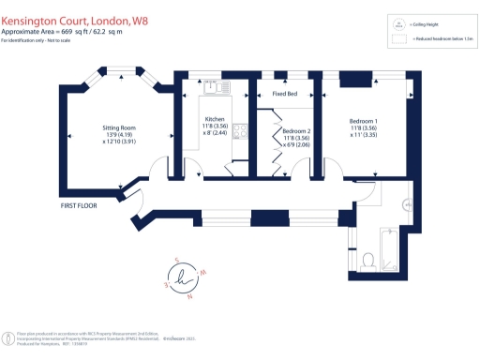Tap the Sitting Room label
click(119, 133)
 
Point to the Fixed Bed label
click(285, 95)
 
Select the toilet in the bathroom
click(367, 260)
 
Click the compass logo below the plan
click(184, 279)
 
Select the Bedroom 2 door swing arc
click(302, 170)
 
